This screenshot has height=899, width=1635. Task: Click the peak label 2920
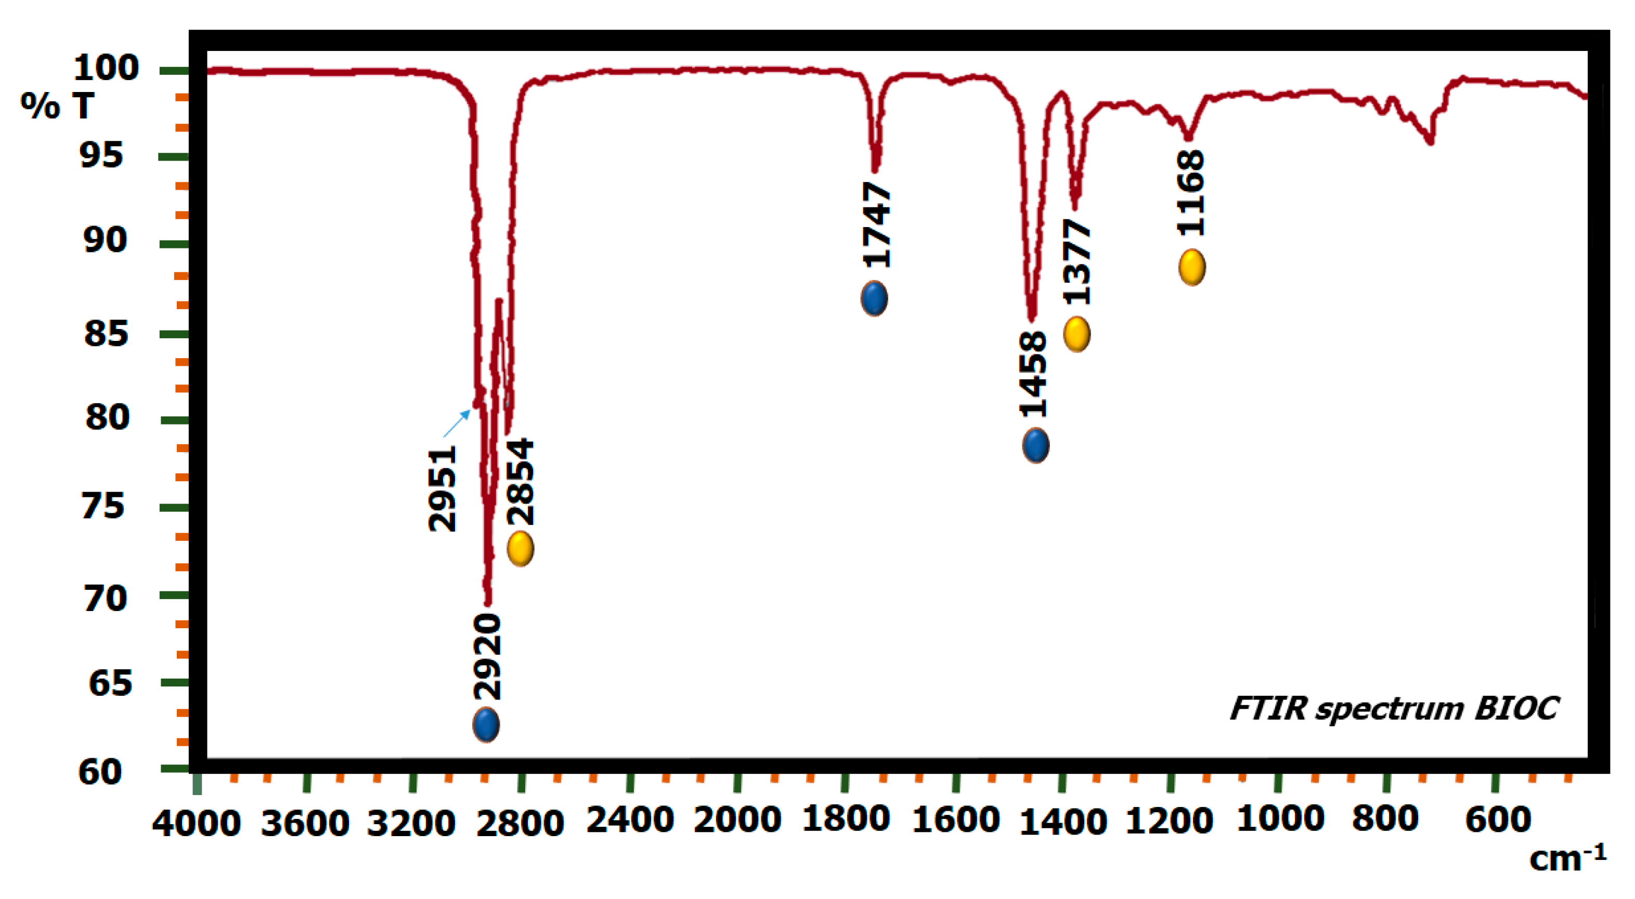[x=487, y=657]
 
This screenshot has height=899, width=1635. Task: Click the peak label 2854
[x=521, y=482]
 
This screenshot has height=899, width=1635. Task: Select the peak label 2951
[x=443, y=488]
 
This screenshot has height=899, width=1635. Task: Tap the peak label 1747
[x=877, y=224]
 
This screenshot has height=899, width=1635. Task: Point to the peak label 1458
[x=1033, y=374]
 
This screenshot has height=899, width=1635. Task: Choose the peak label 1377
[x=1077, y=262]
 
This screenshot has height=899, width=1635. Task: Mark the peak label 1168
[x=1191, y=193]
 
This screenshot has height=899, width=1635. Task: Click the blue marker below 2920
[x=486, y=724]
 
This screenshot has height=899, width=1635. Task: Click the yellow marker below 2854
[x=521, y=548]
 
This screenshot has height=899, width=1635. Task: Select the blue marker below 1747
[x=874, y=298]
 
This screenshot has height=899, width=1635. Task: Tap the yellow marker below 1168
[x=1192, y=267]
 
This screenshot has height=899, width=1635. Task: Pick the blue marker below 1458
[x=1036, y=445]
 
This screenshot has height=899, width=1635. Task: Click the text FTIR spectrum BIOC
[x=1394, y=709]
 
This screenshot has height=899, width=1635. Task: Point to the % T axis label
[x=57, y=106]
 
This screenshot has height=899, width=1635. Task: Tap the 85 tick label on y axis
[x=106, y=333]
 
